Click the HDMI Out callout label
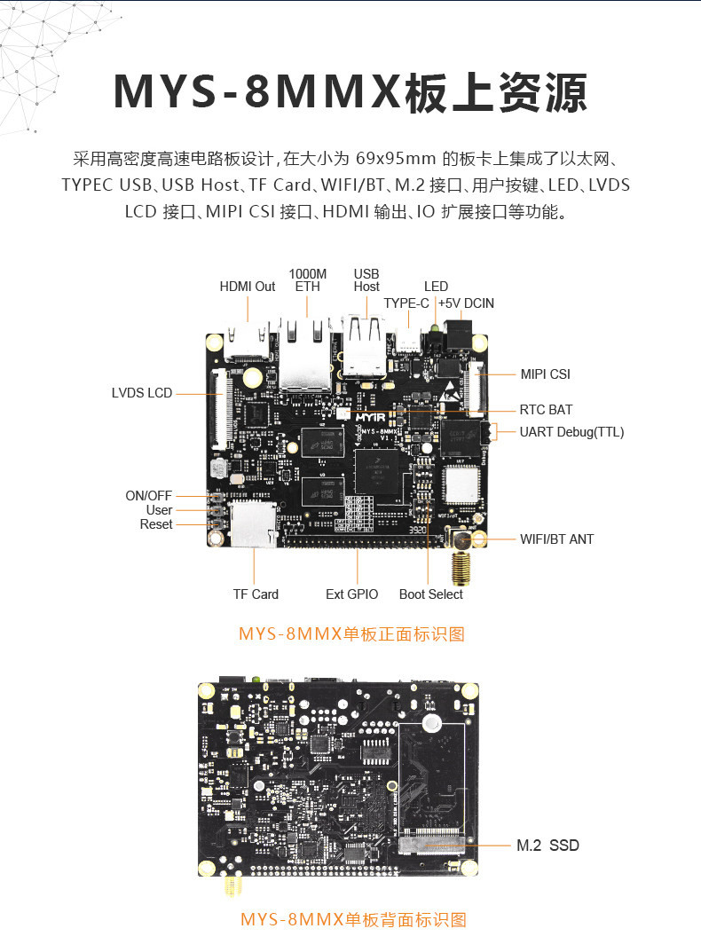[x=248, y=287]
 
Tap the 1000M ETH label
[x=308, y=279]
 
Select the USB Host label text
[x=366, y=279]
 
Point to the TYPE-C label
[x=406, y=303]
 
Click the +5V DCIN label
[x=466, y=303]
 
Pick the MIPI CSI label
[x=545, y=374]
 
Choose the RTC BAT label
[x=546, y=410]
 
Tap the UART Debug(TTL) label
[x=571, y=432]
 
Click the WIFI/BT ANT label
[x=556, y=539]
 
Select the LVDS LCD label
[x=142, y=392]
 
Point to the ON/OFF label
[x=149, y=496]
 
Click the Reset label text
[x=156, y=524]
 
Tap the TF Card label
[x=256, y=594]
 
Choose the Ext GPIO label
[x=351, y=594]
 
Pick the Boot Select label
[x=431, y=594]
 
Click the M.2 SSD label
[x=547, y=846]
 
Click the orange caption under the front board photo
[x=351, y=633]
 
